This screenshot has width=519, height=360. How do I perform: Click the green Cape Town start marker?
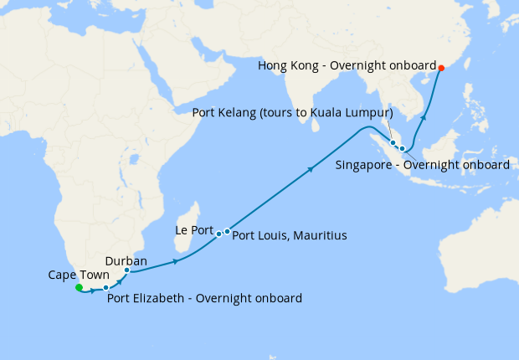(x=79, y=288)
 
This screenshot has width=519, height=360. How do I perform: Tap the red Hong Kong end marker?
(x=442, y=69)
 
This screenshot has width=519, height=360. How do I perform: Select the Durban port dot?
(x=126, y=270)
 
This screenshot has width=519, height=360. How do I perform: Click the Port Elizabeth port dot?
(x=105, y=288)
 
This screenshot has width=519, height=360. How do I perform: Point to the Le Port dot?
(x=218, y=234)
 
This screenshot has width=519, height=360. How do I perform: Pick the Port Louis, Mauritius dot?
(x=227, y=231)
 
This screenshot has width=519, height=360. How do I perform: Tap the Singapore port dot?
(x=403, y=149)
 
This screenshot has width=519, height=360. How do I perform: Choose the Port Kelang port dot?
(x=393, y=143)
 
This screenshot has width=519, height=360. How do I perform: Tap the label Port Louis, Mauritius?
(x=289, y=236)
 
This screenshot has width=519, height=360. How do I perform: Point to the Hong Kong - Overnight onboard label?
(x=347, y=65)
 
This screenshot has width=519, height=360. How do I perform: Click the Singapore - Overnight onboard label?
(x=423, y=165)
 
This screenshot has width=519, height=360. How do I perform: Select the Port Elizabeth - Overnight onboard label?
(x=205, y=297)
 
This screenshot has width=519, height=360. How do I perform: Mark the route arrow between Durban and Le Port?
(x=175, y=262)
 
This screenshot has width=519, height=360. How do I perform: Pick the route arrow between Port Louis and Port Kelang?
(x=311, y=170)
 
